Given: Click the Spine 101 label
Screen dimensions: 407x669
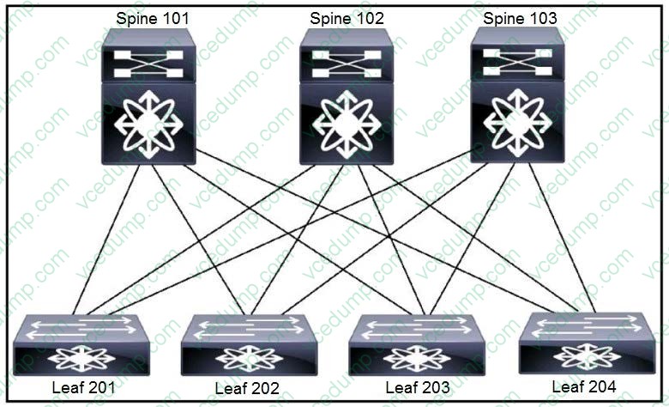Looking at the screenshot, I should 154,17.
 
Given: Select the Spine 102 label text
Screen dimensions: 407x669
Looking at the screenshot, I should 347,17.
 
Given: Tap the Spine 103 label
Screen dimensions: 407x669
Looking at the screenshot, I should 520,17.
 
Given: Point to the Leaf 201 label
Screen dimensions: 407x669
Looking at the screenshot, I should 83,387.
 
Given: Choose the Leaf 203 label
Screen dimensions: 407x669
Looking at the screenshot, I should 418,387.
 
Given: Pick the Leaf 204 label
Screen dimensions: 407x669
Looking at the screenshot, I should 584,386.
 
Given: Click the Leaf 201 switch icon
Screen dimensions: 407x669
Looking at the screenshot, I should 81,344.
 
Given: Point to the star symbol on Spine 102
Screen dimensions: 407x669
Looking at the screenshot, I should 346,124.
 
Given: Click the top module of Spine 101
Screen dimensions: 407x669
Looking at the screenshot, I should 148,59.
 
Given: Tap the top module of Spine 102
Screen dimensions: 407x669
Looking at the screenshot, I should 346,59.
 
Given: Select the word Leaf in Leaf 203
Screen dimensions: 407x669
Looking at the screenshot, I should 400,387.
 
